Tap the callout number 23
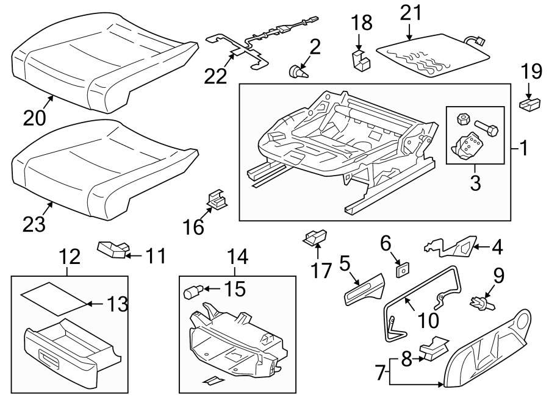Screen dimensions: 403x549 (x=34, y=224)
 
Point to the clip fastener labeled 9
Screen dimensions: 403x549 (x=480, y=300)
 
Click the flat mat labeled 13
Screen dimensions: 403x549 (x=52, y=298)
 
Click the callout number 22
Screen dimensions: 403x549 (x=215, y=76)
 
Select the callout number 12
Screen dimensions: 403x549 (x=70, y=256)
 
